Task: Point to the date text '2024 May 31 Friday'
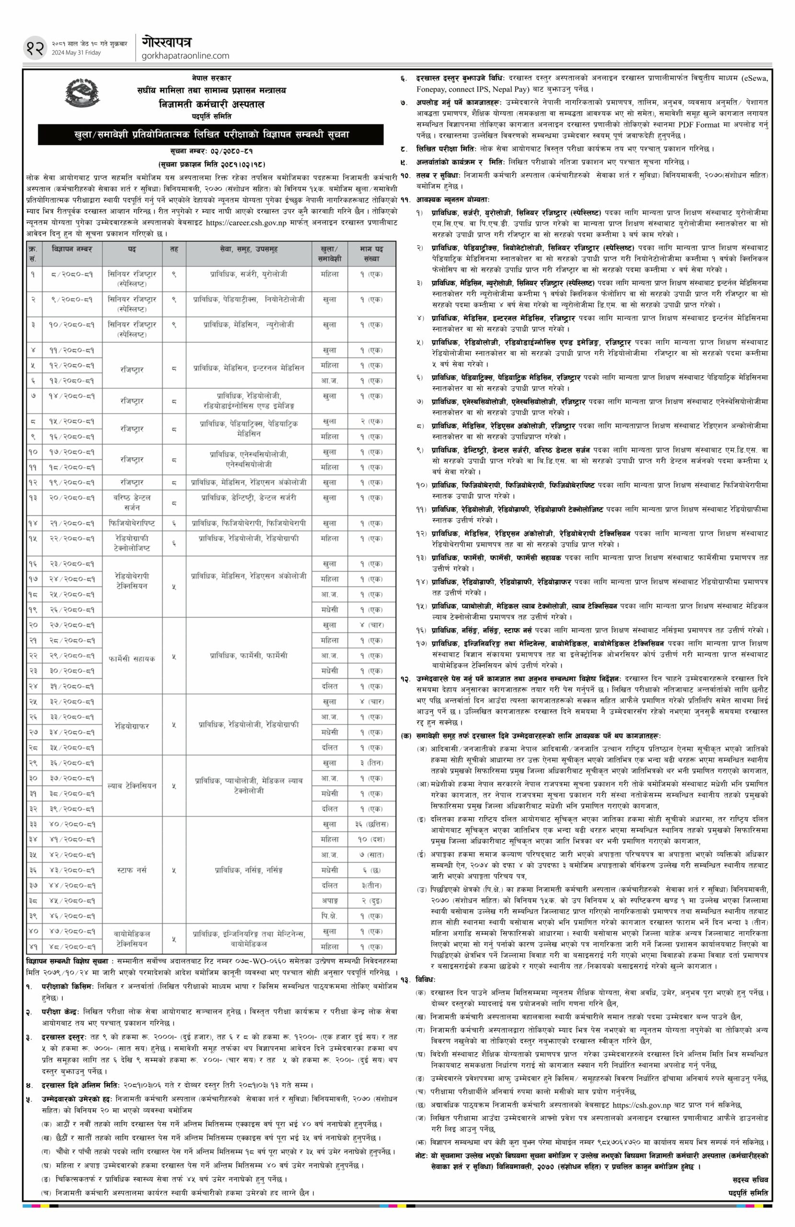coord(76,53)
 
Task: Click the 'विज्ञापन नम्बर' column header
coord(72,249)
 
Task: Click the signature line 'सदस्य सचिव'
coord(749,1204)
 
